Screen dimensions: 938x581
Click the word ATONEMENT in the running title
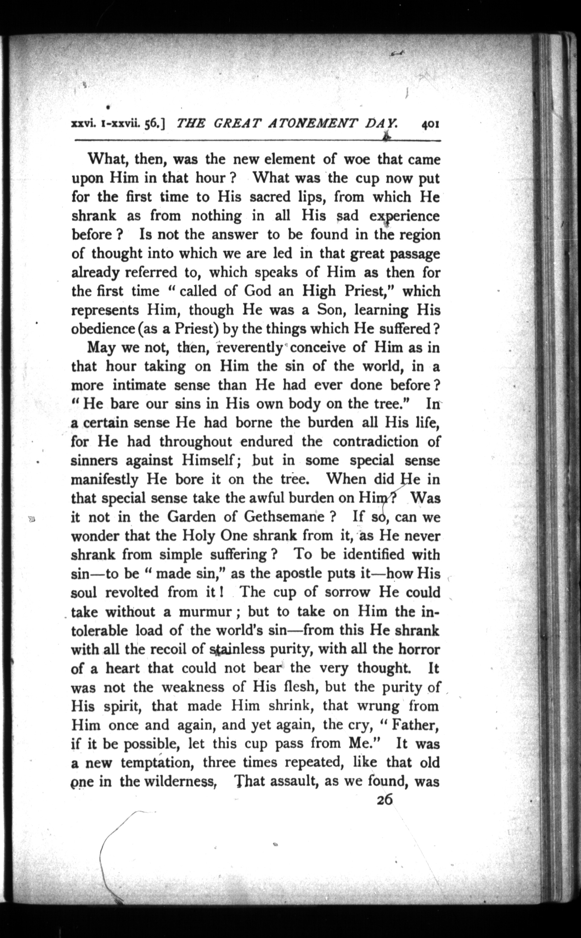click(x=313, y=124)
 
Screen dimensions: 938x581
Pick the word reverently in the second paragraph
click(x=250, y=347)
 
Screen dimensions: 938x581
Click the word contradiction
click(x=375, y=441)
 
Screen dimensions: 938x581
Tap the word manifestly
click(x=105, y=480)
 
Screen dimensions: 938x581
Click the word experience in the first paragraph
click(x=404, y=216)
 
